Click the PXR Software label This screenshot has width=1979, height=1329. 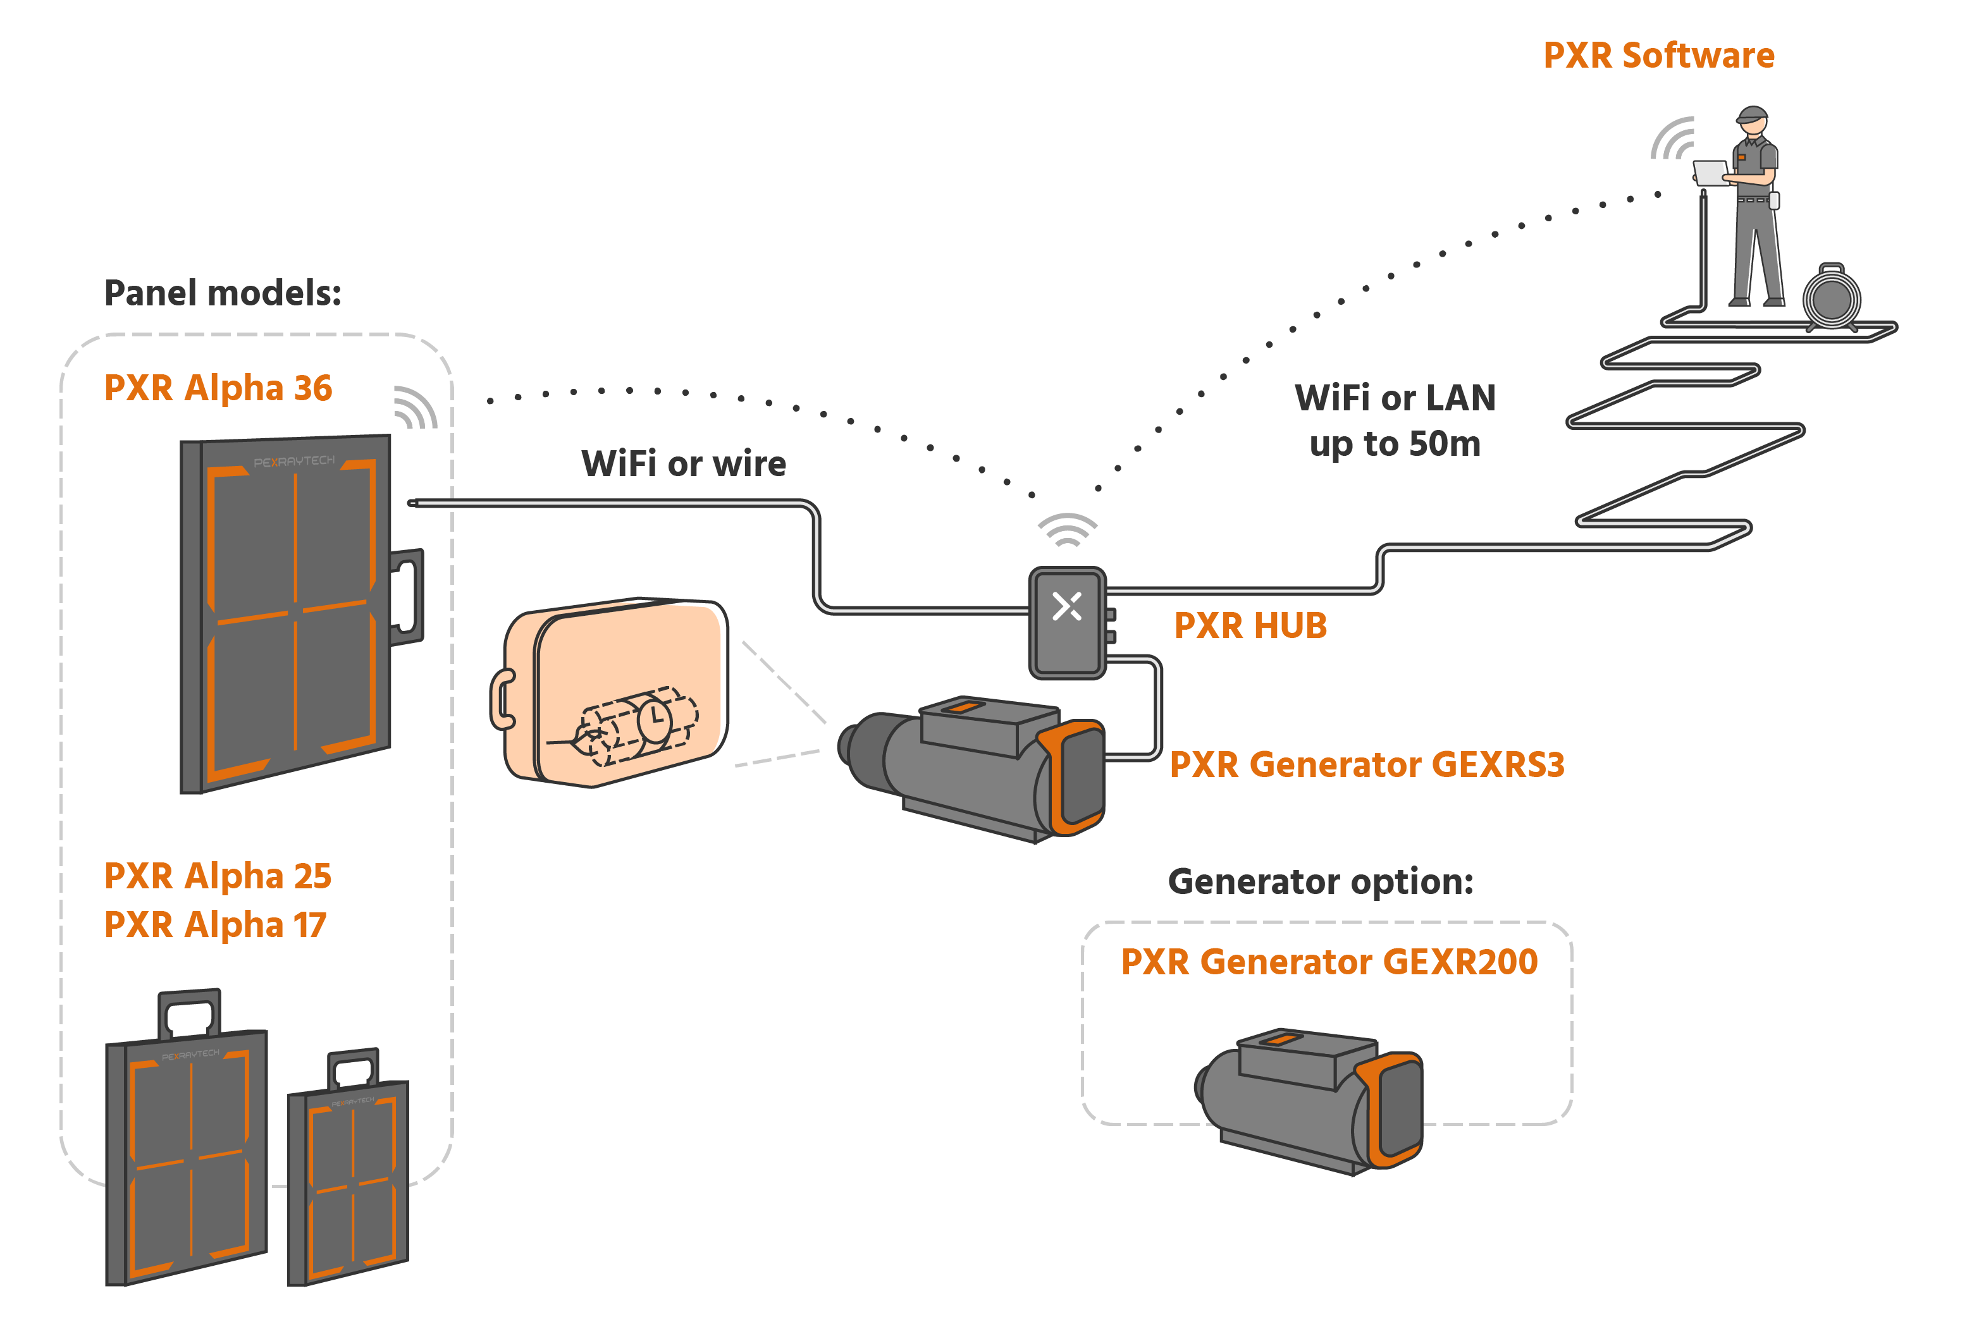pyautogui.click(x=1658, y=56)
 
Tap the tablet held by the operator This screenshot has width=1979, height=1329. pyautogui.click(x=1710, y=172)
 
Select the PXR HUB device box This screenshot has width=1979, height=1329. pyautogui.click(x=1066, y=623)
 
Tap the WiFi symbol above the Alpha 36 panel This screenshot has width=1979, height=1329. pyautogui.click(x=416, y=408)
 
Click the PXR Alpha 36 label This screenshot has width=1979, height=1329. pyautogui.click(x=218, y=388)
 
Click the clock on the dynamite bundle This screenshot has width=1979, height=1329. pyautogui.click(x=655, y=720)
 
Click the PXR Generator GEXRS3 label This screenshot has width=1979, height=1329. pyautogui.click(x=1366, y=764)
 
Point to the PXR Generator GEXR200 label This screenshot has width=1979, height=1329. pyautogui.click(x=1329, y=962)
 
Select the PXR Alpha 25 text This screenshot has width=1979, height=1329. pyautogui.click(x=217, y=876)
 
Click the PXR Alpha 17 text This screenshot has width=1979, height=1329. pyautogui.click(x=214, y=925)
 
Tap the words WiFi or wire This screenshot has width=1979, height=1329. pyautogui.click(x=684, y=465)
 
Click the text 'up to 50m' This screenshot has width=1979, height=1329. pyautogui.click(x=1395, y=444)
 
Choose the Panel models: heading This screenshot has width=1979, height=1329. pyautogui.click(x=222, y=293)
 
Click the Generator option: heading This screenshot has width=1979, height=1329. pyautogui.click(x=1320, y=883)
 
